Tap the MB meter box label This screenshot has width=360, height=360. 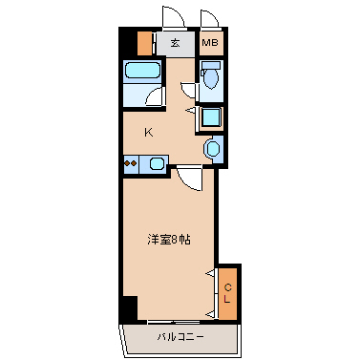click(211, 43)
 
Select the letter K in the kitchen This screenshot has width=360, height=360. click(149, 132)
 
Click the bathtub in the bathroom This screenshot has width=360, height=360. click(143, 73)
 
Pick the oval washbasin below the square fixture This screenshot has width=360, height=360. click(212, 147)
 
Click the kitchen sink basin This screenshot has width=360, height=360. click(155, 163)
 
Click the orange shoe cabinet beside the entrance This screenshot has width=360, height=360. click(144, 43)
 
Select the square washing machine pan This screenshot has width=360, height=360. click(211, 116)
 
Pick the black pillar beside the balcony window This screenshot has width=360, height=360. click(128, 311)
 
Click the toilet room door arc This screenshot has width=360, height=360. click(191, 91)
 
